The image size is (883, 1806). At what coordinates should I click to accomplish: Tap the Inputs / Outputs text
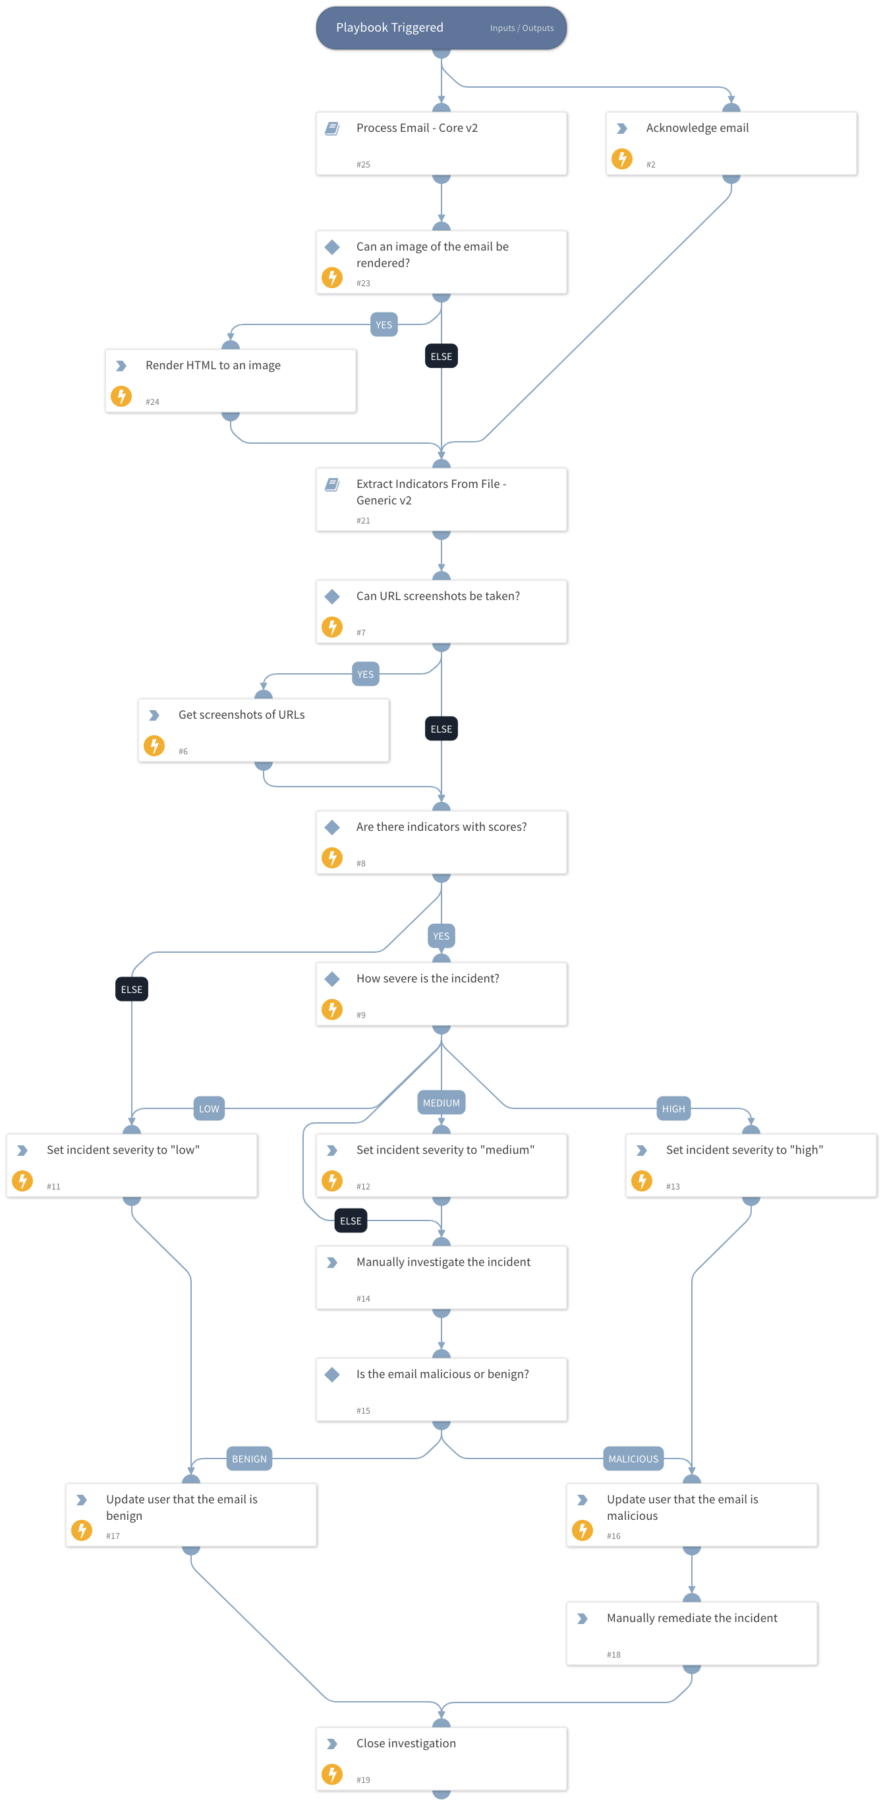tap(521, 28)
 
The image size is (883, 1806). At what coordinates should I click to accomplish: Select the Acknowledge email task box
tap(731, 143)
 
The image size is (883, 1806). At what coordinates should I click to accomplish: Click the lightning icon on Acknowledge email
tap(621, 159)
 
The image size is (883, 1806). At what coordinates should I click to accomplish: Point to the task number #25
tap(363, 165)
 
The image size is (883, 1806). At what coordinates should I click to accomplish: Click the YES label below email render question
tap(384, 324)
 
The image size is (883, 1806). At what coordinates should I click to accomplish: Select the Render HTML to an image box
tap(231, 380)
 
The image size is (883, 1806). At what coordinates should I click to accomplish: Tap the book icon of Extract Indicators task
tap(332, 485)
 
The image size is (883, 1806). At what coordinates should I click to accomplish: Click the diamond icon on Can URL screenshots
tap(332, 597)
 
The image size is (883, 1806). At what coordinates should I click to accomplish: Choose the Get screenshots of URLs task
tap(264, 730)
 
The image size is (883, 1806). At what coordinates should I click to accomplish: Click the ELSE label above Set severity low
tap(131, 989)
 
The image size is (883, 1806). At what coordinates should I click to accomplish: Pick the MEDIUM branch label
tap(441, 1103)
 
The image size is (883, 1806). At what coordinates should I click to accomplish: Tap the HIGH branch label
tap(673, 1108)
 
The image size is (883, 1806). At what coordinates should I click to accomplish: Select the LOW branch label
tap(209, 1108)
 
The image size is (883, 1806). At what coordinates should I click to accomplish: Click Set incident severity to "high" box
tap(751, 1165)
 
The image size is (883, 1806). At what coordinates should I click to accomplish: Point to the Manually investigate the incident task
tap(441, 1277)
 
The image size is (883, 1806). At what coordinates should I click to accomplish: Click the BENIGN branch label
tap(249, 1459)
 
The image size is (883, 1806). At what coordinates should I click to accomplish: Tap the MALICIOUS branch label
tap(633, 1459)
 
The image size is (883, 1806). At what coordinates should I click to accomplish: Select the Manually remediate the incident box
tap(692, 1633)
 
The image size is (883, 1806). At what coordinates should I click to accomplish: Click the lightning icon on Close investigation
tap(332, 1774)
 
